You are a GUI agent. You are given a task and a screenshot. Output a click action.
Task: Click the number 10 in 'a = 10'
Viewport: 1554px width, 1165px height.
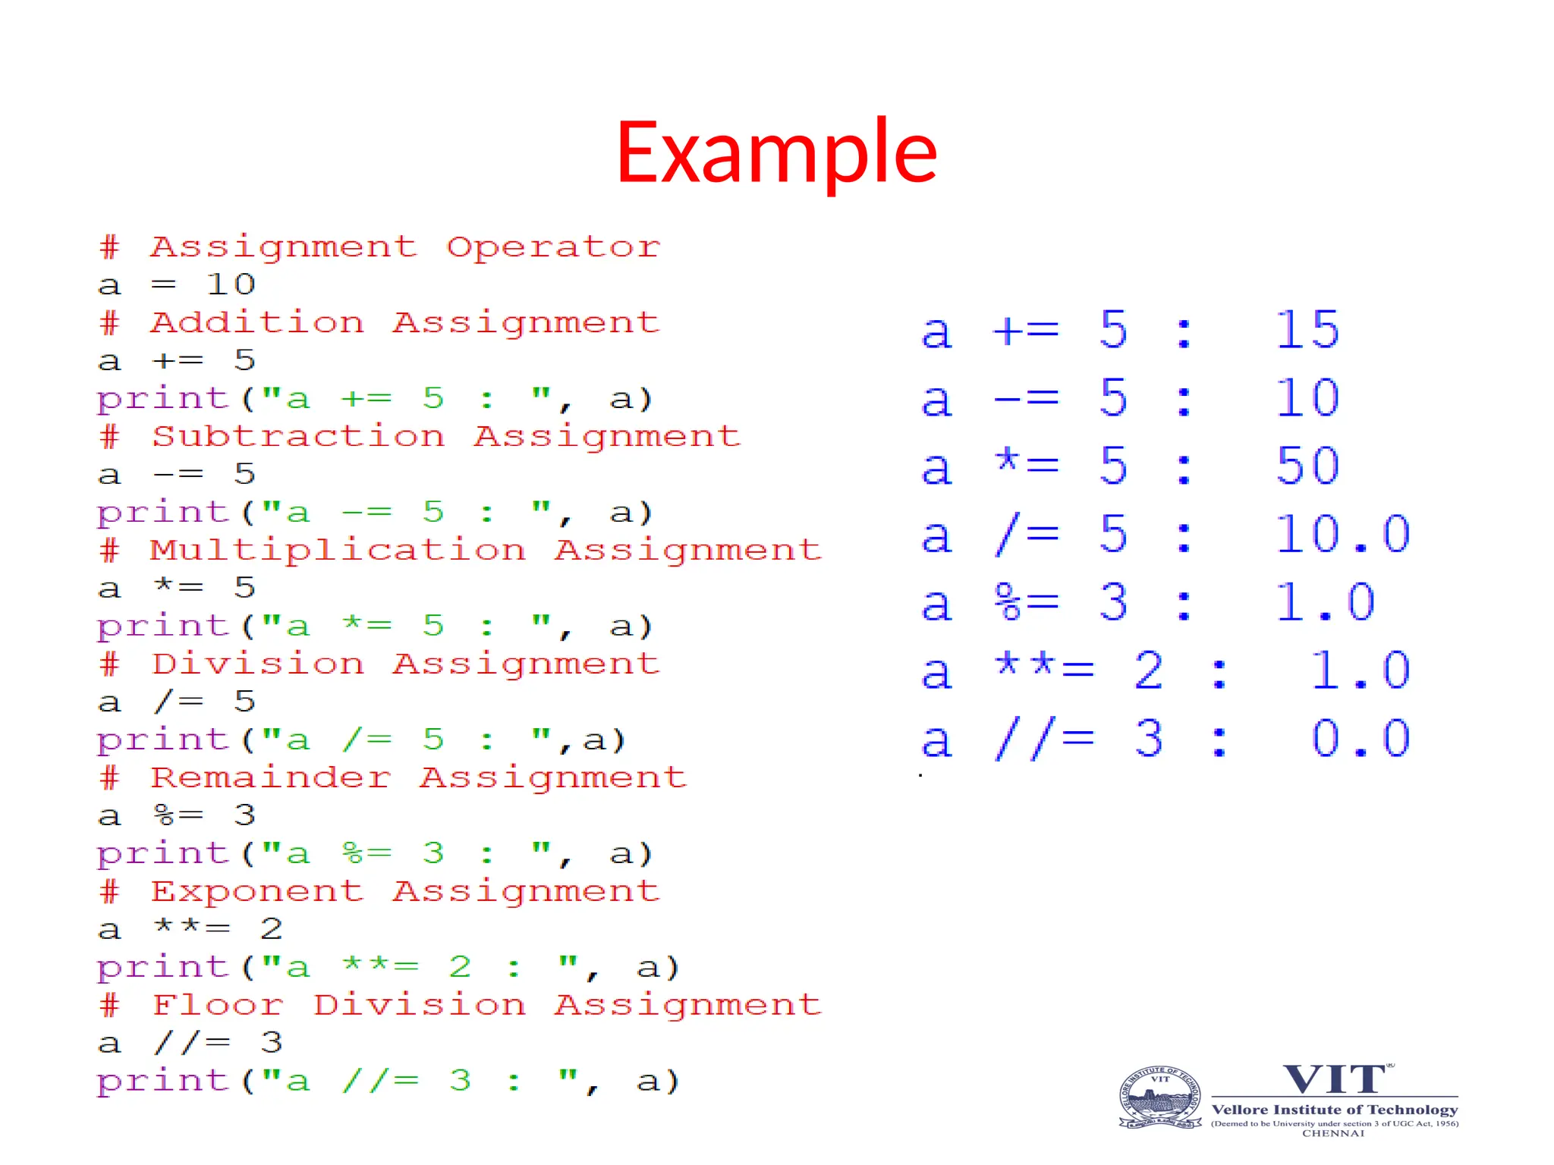(231, 284)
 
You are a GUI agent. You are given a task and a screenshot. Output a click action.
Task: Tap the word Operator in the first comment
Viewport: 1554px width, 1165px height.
(553, 247)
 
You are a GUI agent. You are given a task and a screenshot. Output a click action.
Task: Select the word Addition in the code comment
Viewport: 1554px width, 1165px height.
(258, 322)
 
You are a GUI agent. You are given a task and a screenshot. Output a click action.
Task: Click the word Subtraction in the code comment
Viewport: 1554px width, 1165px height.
(298, 436)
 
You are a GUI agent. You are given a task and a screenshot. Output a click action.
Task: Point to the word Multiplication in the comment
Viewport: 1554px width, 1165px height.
(338, 550)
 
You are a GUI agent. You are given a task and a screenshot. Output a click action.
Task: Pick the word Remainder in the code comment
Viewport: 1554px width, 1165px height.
(271, 777)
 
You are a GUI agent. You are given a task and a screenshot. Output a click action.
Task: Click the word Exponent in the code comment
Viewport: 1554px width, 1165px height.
(258, 891)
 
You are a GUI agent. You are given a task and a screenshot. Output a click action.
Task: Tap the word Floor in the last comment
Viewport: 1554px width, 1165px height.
(218, 1005)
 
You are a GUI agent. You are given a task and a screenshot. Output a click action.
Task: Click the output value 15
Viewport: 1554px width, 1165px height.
(1307, 330)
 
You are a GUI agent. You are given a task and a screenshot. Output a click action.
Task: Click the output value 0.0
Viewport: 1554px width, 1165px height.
(1360, 739)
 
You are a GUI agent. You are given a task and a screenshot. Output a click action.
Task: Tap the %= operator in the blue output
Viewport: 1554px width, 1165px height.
(1027, 602)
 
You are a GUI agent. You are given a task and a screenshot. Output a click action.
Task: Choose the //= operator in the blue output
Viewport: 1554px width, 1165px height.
(1044, 739)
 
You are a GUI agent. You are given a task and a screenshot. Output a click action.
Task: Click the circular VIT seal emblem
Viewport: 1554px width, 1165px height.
(1160, 1097)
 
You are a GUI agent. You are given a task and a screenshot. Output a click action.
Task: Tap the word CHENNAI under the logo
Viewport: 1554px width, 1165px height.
(1333, 1133)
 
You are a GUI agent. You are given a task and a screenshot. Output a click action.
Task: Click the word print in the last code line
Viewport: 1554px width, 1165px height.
(163, 1081)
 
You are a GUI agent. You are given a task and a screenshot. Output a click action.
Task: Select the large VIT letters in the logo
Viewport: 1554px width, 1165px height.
(1335, 1079)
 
